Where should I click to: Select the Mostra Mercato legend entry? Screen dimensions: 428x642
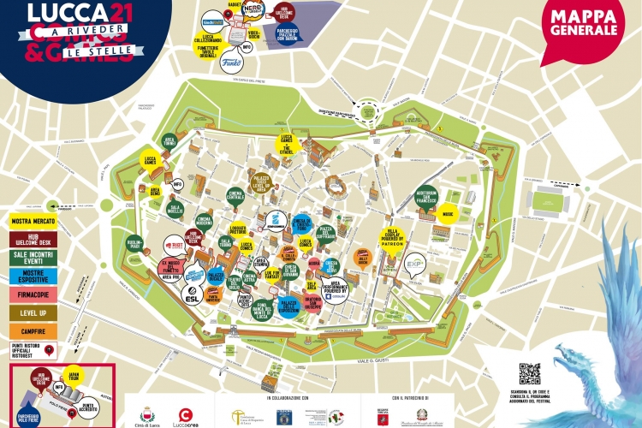[33, 222]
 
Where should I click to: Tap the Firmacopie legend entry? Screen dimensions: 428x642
[33, 295]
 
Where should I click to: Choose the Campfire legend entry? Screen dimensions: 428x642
[33, 330]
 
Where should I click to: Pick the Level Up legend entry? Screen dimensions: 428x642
[33, 313]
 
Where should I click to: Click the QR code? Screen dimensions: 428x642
[530, 374]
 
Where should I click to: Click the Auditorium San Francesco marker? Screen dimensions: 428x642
[425, 196]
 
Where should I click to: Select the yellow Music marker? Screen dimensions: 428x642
[447, 210]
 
